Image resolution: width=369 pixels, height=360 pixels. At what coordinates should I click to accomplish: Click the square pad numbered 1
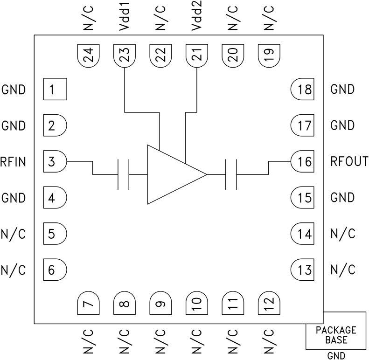pyautogui.click(x=55, y=89)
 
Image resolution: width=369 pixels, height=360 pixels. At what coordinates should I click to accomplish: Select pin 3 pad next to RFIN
pyautogui.click(x=55, y=162)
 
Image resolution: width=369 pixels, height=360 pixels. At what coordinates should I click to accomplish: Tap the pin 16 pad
pyautogui.click(x=303, y=162)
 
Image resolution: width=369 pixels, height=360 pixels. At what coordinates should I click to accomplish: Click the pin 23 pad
pyautogui.click(x=124, y=56)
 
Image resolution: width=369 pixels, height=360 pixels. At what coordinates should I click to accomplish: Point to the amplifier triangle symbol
pyautogui.click(x=173, y=174)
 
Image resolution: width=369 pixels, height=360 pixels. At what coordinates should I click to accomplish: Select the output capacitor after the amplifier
pyautogui.click(x=231, y=174)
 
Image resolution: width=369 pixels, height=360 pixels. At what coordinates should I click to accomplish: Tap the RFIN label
pyautogui.click(x=14, y=162)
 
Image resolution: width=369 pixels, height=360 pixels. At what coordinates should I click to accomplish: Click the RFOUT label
pyautogui.click(x=349, y=162)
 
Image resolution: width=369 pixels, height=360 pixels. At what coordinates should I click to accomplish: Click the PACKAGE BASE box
pyautogui.click(x=336, y=335)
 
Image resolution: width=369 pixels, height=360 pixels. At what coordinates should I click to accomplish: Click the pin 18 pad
pyautogui.click(x=303, y=89)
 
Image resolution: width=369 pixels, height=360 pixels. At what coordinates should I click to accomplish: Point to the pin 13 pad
pyautogui.click(x=303, y=270)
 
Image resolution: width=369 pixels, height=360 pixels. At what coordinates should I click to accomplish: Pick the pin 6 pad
pyautogui.click(x=55, y=270)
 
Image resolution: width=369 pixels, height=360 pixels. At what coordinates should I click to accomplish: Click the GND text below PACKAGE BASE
pyautogui.click(x=336, y=356)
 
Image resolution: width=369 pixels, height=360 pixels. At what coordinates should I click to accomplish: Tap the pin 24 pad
pyautogui.click(x=88, y=56)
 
